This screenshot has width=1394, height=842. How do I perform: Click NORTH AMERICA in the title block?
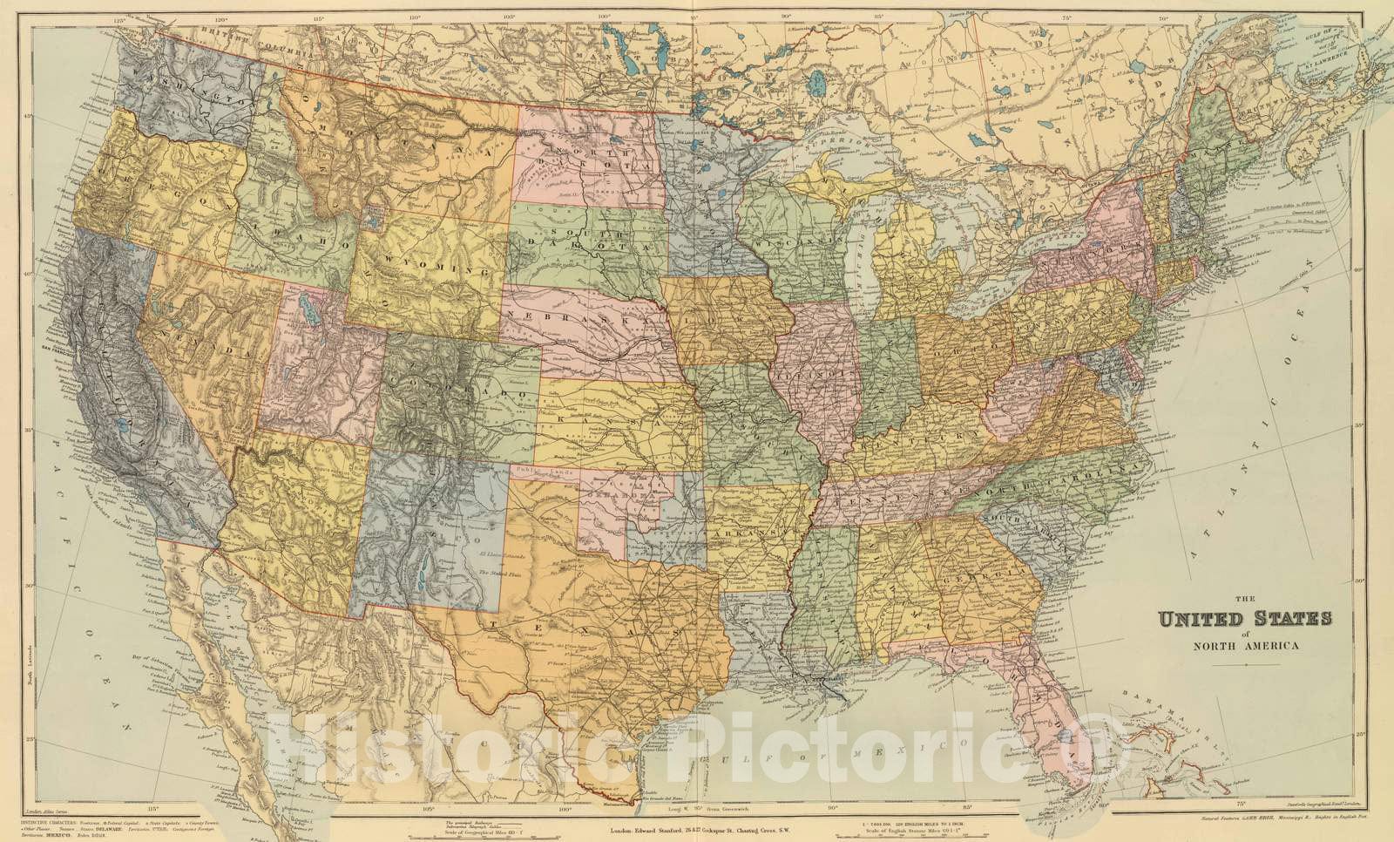[1244, 646]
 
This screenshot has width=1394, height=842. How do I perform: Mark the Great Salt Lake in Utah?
[306, 309]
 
